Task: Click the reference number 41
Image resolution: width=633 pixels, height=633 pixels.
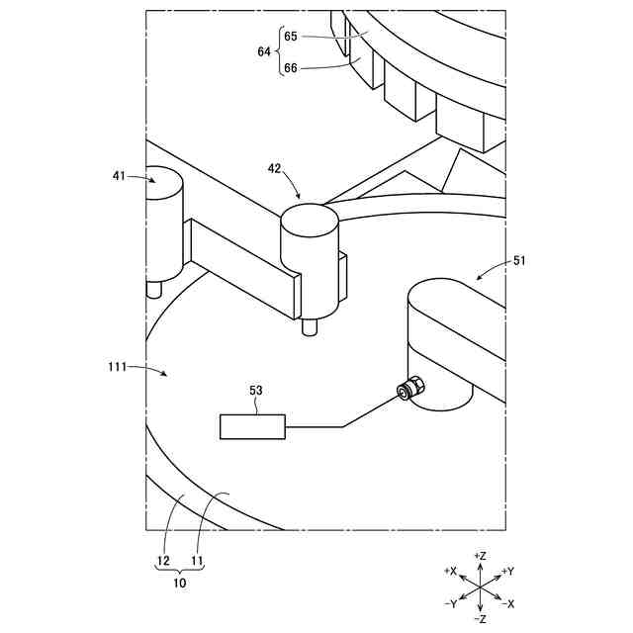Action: (x=119, y=175)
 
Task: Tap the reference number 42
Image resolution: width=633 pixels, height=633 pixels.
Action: (x=274, y=168)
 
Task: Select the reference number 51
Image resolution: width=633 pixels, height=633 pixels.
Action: (x=519, y=260)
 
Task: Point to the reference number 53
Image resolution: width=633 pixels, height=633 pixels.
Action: (x=255, y=391)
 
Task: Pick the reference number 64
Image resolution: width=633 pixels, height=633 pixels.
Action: (x=264, y=51)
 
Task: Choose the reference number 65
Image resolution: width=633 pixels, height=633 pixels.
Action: (x=291, y=36)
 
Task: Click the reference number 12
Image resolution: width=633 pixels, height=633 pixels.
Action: (x=163, y=561)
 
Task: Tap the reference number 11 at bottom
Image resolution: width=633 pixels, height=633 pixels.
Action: (x=197, y=561)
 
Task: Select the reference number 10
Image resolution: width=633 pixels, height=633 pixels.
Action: (x=180, y=584)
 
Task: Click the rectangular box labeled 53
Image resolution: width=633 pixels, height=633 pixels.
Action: (x=252, y=426)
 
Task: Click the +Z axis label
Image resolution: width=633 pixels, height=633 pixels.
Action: (x=480, y=556)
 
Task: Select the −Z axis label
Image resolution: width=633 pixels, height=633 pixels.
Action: (x=480, y=619)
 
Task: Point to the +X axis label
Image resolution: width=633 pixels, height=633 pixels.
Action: (x=450, y=571)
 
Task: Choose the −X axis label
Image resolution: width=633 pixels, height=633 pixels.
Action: (x=507, y=603)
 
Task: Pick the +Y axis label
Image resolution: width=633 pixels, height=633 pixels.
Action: (x=507, y=571)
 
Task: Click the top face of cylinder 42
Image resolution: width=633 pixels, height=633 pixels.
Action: (x=310, y=216)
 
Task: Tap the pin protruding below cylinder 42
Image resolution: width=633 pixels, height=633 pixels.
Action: (x=310, y=326)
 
